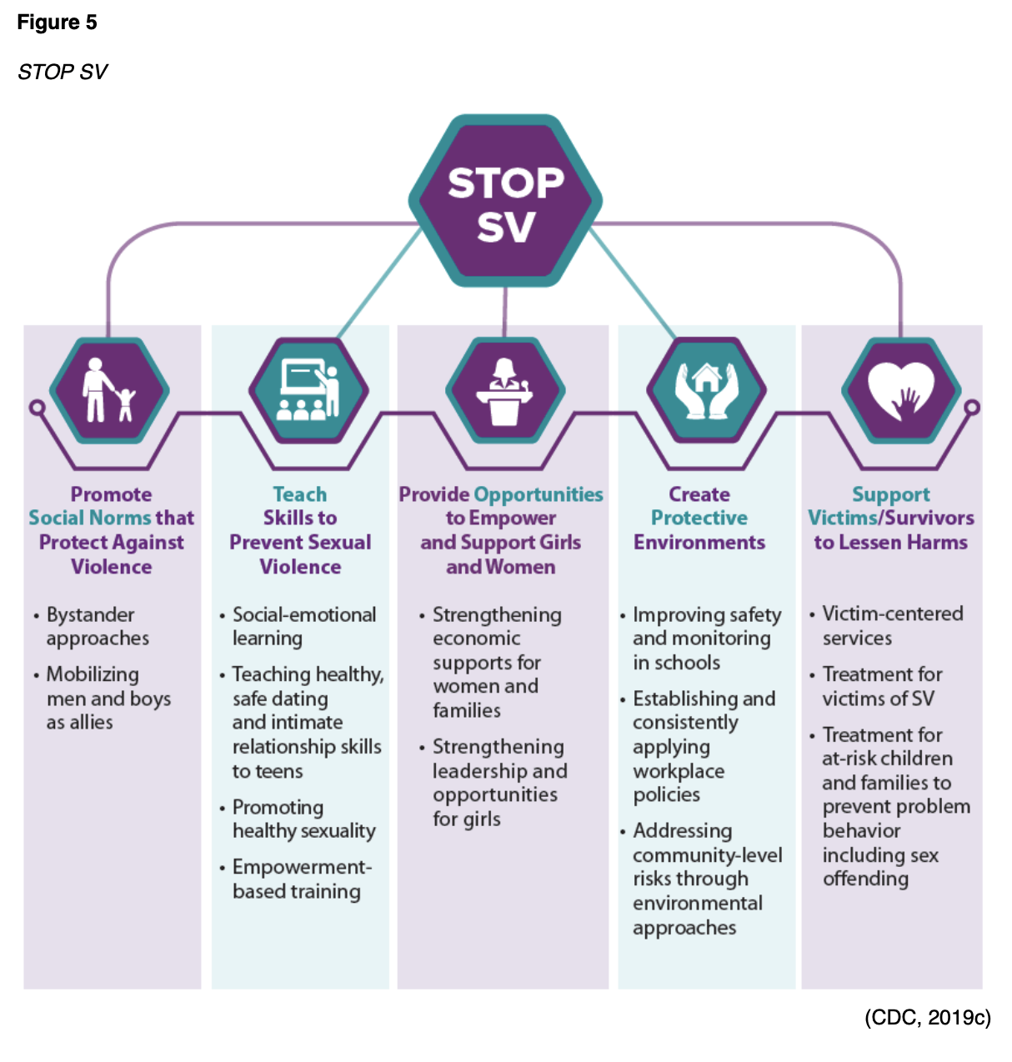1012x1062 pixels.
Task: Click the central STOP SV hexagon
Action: [x=505, y=203]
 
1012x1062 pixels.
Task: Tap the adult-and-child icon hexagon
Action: [x=109, y=390]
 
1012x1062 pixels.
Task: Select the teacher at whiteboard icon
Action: [x=308, y=390]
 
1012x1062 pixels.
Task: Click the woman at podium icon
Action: [x=505, y=390]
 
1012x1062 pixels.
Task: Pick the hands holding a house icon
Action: [x=706, y=390]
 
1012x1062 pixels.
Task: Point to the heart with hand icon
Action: [x=901, y=390]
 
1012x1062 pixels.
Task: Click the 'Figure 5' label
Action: [x=57, y=23]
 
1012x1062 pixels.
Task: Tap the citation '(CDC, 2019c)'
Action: [x=927, y=1018]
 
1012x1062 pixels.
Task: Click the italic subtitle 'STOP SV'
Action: [x=63, y=72]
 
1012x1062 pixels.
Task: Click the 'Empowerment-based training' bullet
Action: [x=299, y=879]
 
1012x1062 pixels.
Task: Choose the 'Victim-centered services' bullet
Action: [x=891, y=626]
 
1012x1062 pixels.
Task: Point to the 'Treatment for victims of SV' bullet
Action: [x=882, y=686]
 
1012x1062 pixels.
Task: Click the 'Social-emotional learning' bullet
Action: [x=303, y=627]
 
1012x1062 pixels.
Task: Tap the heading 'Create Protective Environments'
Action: [x=699, y=518]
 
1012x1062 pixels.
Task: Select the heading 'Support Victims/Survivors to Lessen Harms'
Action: [x=890, y=518]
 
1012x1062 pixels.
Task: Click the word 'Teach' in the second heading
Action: [x=300, y=494]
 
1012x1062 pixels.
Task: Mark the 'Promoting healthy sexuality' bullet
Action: [x=303, y=819]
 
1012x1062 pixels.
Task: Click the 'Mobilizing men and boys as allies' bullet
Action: [x=107, y=698]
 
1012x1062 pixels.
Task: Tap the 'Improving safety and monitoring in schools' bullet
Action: [x=705, y=639]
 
